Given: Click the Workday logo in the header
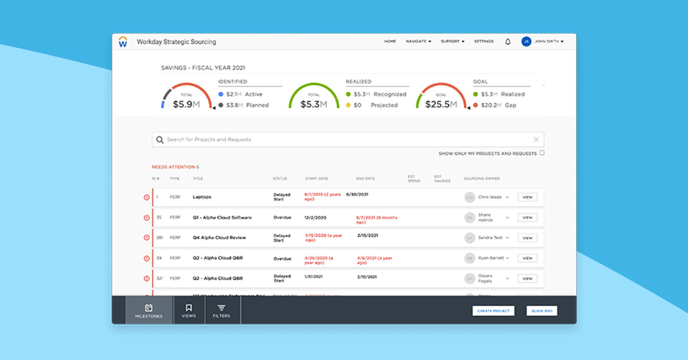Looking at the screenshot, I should click(123, 42).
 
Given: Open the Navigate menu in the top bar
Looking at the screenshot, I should click(418, 42).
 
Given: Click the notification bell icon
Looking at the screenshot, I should click(507, 42).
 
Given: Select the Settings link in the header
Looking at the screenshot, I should click(483, 42).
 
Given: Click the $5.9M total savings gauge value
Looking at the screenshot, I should click(186, 104).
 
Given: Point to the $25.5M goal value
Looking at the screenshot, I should click(441, 104).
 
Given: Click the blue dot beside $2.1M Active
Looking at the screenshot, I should click(221, 95).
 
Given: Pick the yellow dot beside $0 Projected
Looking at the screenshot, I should click(348, 105).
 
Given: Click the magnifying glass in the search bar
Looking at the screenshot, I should click(160, 139).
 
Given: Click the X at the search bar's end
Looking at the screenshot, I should click(536, 139).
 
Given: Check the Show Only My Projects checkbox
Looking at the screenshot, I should click(542, 153).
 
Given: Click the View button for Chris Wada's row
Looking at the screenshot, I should click(527, 197).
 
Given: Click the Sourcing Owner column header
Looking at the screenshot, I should click(482, 179).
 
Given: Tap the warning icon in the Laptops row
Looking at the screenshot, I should click(146, 197).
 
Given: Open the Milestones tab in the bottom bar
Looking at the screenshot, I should click(148, 311).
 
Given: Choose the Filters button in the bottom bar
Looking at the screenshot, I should click(221, 311).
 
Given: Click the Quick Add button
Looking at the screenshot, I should click(541, 311).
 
